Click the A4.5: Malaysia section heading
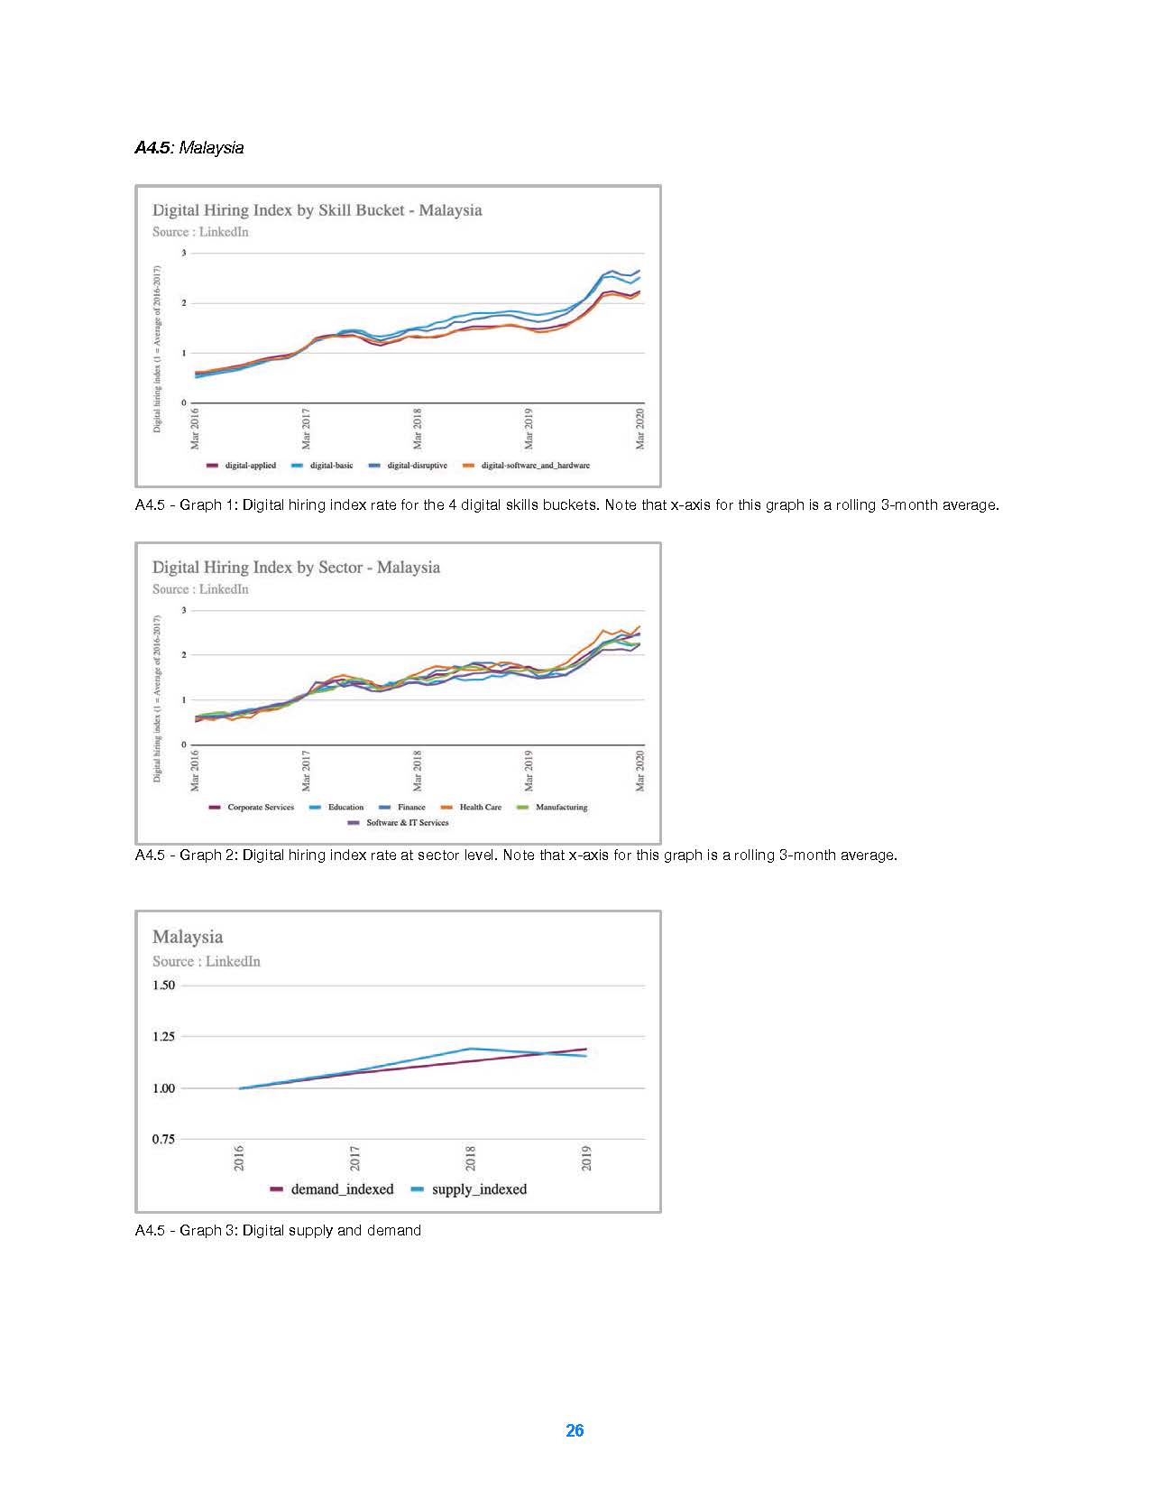[x=189, y=148]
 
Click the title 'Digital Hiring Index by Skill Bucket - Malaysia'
[x=317, y=210]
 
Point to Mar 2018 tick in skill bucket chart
[x=418, y=429]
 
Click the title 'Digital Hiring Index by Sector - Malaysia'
[x=296, y=568]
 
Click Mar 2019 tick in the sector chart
[x=529, y=771]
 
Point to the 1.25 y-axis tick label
[x=163, y=1037]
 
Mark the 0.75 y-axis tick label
[x=163, y=1140]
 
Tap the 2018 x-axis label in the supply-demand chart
[x=471, y=1158]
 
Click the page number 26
[x=575, y=1430]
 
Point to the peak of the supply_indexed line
[x=471, y=1049]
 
